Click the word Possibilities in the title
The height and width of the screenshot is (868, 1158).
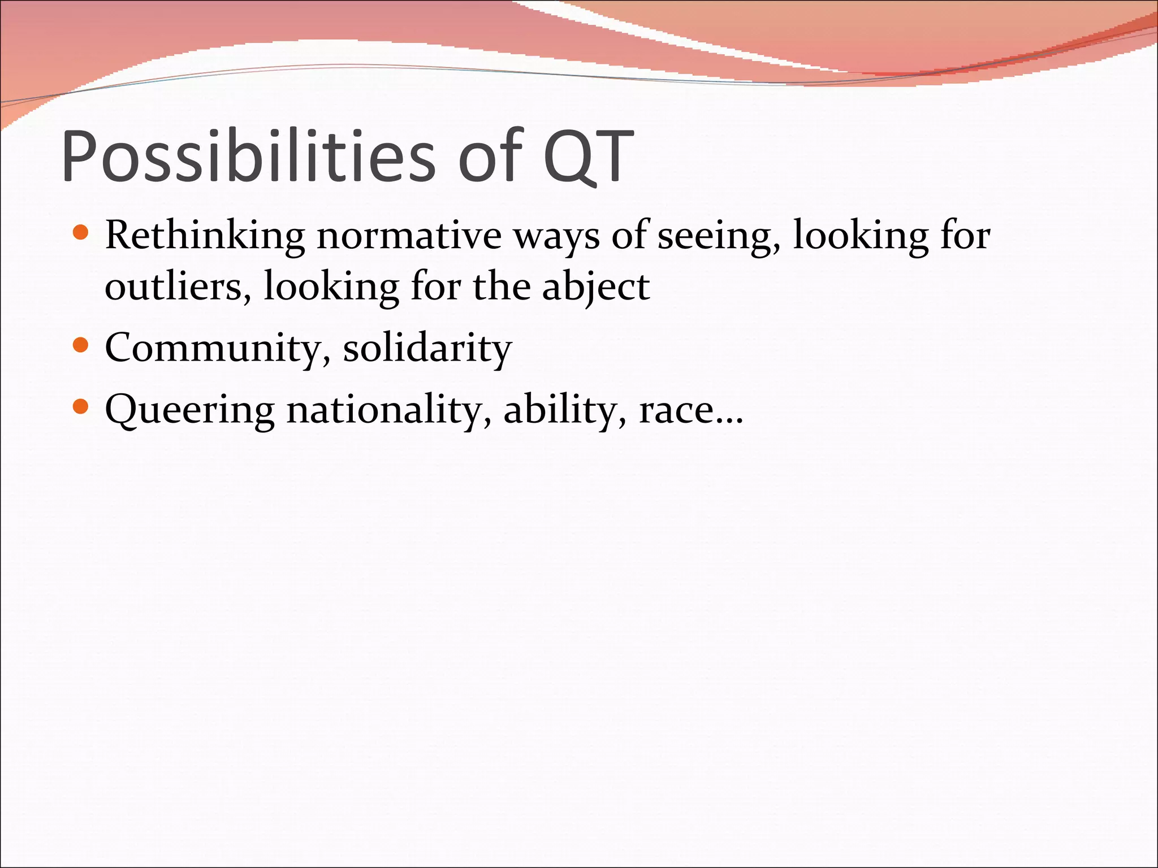click(249, 156)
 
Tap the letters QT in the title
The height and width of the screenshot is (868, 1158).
click(588, 156)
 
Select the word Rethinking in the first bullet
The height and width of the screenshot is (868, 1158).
click(205, 235)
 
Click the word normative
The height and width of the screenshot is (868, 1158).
click(409, 235)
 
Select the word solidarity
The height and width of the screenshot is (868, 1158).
click(427, 349)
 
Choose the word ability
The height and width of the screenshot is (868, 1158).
click(565, 410)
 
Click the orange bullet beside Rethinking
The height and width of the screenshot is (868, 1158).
click(81, 233)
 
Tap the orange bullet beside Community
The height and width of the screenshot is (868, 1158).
click(81, 345)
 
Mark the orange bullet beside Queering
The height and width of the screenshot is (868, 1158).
click(81, 406)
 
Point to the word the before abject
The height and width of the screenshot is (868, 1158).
click(501, 286)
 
